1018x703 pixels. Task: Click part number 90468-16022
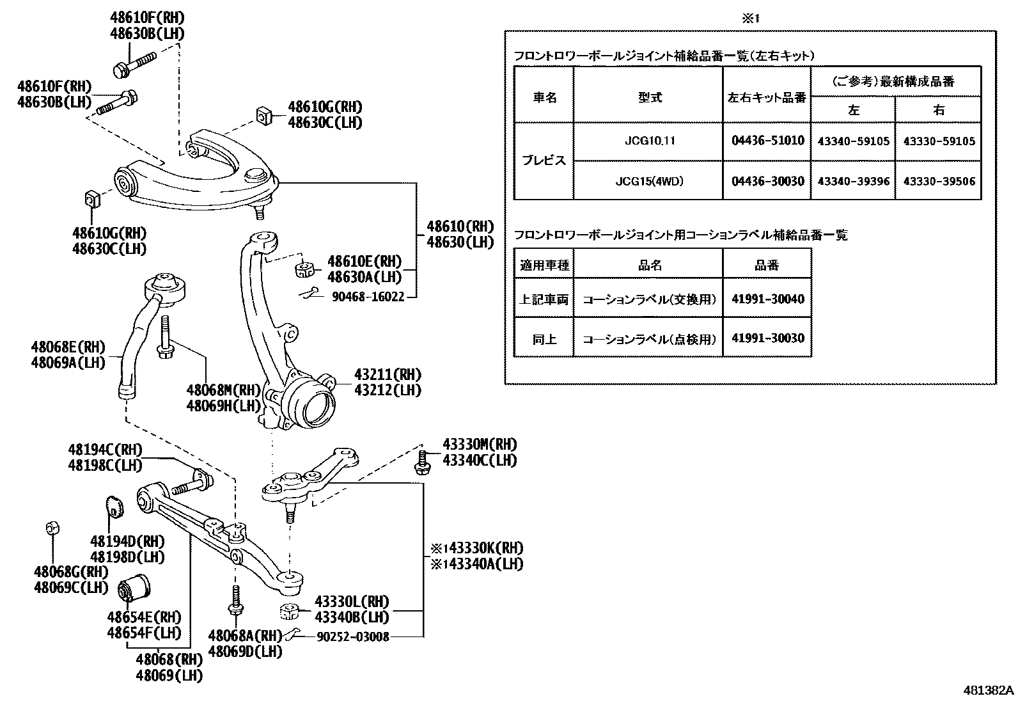368,297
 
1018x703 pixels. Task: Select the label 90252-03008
352,636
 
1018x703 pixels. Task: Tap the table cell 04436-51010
767,140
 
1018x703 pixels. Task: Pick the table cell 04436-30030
767,181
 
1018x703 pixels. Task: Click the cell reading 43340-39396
853,181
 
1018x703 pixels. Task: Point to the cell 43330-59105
939,141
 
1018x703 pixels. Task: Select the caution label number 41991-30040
767,299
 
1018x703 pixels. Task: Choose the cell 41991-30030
767,338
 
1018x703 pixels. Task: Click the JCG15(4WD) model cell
649,181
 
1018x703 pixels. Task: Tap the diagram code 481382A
989,691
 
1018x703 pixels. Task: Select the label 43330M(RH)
480,445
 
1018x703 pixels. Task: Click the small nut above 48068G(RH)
52,528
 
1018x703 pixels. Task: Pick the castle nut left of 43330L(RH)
290,611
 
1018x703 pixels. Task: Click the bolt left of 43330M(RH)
422,462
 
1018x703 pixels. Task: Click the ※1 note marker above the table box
750,19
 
